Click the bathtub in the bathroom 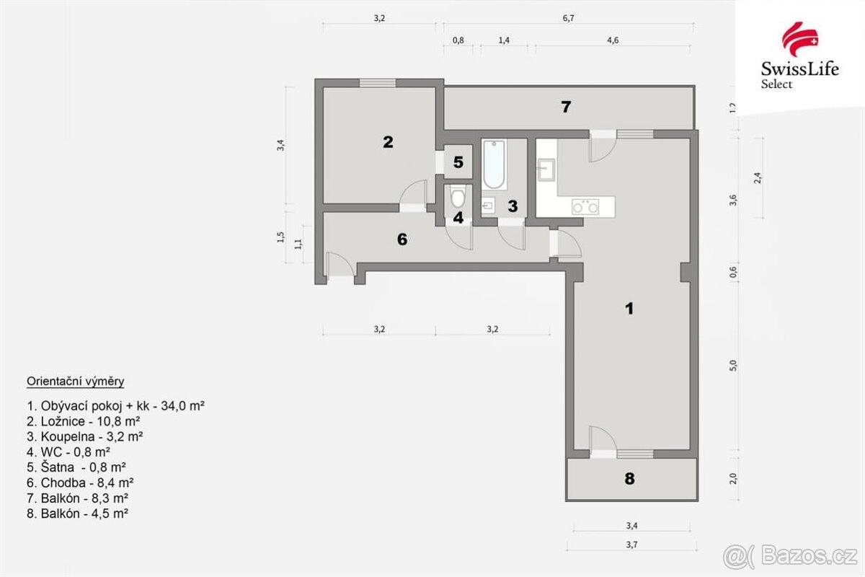494,164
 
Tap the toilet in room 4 458,196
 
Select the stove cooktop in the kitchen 585,207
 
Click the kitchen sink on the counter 545,171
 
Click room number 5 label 458,162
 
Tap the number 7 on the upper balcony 566,107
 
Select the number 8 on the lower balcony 629,478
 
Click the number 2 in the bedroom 388,142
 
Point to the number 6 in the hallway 402,239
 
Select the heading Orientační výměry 75,381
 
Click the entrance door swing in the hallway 338,265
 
